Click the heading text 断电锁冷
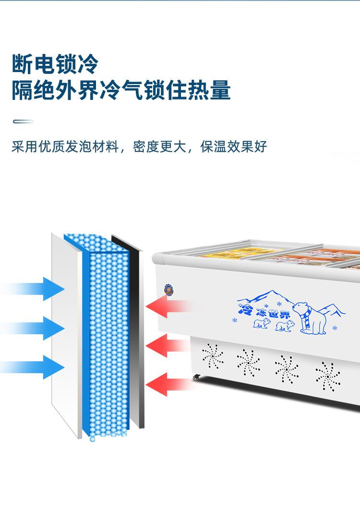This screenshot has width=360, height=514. [x=55, y=64]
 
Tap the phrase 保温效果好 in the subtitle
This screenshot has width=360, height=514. [x=234, y=147]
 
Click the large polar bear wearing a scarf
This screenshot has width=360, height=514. [x=310, y=318]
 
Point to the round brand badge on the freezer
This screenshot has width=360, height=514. [x=168, y=289]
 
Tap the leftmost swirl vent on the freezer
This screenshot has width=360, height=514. [x=213, y=356]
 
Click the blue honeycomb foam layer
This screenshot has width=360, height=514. [x=109, y=336]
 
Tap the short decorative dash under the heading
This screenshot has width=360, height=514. [x=23, y=122]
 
